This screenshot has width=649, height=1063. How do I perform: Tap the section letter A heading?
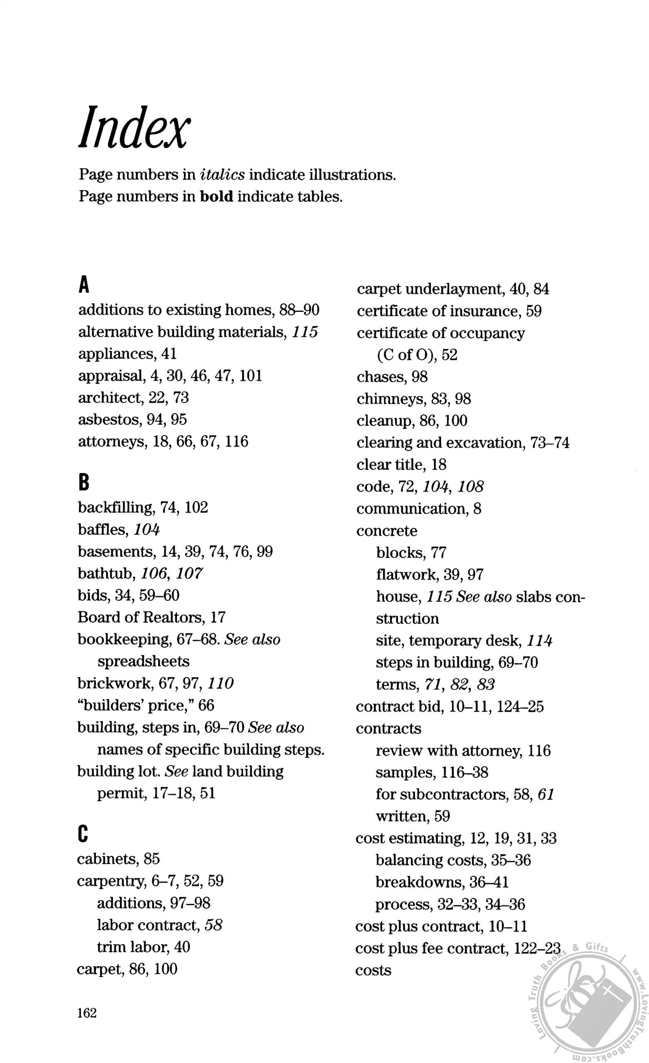click(x=84, y=285)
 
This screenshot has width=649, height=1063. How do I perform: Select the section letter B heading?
click(x=84, y=483)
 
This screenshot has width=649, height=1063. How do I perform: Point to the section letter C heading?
click(x=83, y=834)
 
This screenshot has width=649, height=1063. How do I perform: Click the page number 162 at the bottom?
click(x=87, y=1012)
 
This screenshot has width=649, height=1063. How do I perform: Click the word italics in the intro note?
click(x=222, y=174)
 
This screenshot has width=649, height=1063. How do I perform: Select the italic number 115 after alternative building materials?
click(x=305, y=332)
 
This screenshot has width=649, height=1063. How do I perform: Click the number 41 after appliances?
click(x=168, y=354)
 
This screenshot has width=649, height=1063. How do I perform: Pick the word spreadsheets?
click(x=143, y=661)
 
